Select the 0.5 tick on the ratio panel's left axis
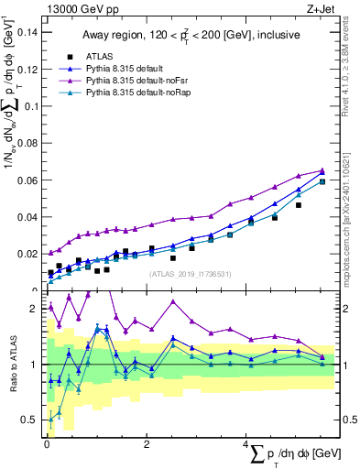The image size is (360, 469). (x=30, y=420)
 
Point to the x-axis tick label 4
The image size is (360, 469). (x=246, y=444)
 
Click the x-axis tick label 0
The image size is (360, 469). (x=46, y=444)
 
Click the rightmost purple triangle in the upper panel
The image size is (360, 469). (x=322, y=170)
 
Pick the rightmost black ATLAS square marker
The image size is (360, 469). (x=322, y=181)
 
